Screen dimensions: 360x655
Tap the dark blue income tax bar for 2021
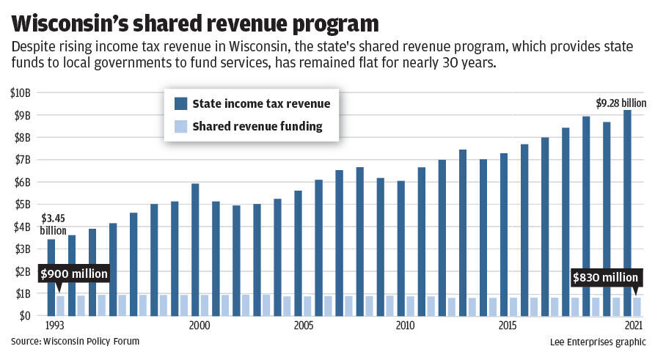[x=627, y=213]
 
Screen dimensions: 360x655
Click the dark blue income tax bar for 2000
[x=195, y=249]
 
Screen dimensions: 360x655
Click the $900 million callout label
[x=73, y=273]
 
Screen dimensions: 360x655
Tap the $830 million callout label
[x=606, y=277]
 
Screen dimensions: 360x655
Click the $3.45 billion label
[x=53, y=224]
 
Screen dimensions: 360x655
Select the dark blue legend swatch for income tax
[x=180, y=103]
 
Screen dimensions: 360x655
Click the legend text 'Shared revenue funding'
[x=257, y=126]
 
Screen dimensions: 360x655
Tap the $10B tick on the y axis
[x=21, y=92]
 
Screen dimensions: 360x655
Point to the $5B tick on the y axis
[x=21, y=205]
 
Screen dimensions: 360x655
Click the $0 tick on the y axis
[x=23, y=316]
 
